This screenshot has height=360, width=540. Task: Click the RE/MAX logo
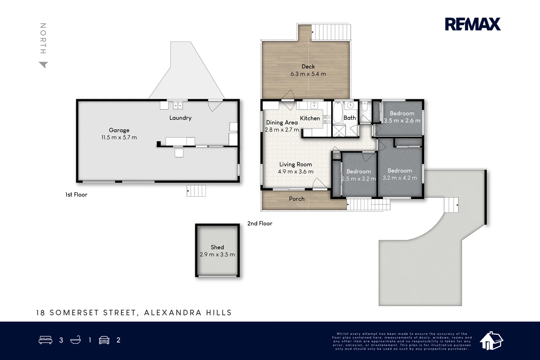473,24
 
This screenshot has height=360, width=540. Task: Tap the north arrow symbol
44,65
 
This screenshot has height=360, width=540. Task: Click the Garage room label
119,130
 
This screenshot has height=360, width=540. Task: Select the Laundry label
180,118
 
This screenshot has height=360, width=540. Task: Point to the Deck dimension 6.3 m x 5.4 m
308,74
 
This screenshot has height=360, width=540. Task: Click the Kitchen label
310,118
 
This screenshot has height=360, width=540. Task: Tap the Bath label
350,118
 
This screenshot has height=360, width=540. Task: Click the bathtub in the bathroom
338,112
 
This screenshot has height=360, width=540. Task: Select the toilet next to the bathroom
365,106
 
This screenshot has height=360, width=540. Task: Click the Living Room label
296,164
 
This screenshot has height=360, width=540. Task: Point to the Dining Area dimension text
282,130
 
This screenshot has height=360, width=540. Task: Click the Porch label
297,199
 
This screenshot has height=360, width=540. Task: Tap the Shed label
217,247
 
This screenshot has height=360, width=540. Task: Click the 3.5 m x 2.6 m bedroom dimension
402,120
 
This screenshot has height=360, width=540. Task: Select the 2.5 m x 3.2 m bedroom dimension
359,179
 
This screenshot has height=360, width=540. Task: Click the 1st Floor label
76,195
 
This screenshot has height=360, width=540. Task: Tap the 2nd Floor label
260,224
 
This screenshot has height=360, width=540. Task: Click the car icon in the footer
104,340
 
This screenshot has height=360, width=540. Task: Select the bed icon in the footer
45,340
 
